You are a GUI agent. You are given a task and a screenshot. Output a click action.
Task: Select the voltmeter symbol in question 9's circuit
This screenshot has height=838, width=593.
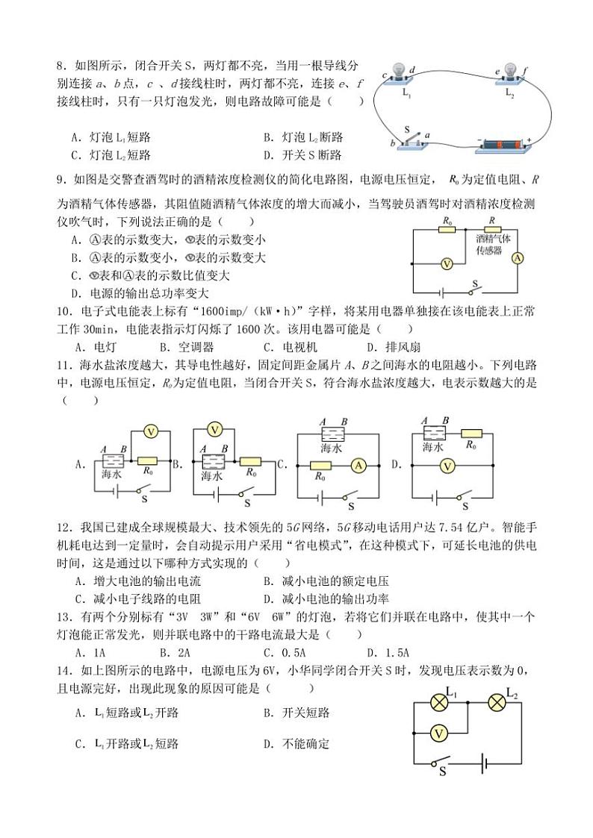(447, 263)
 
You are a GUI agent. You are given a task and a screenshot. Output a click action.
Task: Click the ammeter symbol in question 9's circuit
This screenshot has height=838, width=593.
(517, 258)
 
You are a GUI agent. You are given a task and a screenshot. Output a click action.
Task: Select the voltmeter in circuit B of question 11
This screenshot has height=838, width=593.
(215, 429)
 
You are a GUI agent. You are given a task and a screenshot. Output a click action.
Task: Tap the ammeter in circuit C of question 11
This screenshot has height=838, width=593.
(358, 465)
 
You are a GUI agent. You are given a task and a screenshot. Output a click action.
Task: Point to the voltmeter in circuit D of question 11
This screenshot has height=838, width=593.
(447, 466)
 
